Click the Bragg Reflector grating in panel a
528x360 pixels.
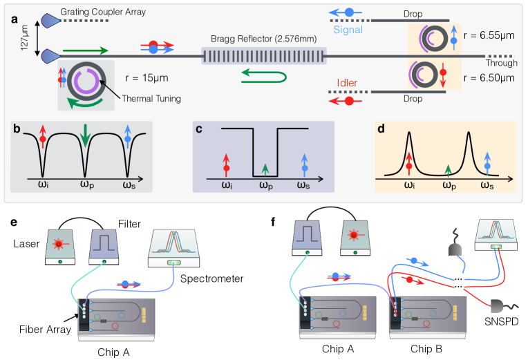[x=264, y=56]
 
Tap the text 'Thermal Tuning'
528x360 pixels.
[x=151, y=99]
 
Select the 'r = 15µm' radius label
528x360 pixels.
[x=147, y=78]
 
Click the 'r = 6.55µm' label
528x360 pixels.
[x=489, y=35]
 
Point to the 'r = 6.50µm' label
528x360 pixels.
[x=489, y=78]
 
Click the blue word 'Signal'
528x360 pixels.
[x=348, y=30]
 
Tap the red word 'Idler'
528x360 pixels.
[x=347, y=83]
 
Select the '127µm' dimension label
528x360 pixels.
[x=25, y=38]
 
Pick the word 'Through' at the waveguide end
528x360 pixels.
[x=502, y=63]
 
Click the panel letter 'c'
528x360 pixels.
[x=199, y=129]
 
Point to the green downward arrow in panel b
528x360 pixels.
[x=86, y=135]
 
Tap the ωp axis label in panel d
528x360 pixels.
[x=449, y=185]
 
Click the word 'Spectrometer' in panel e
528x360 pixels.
[x=211, y=279]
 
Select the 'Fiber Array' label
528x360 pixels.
[x=45, y=330]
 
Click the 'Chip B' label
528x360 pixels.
[x=426, y=349]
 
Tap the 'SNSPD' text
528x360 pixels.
[x=502, y=322]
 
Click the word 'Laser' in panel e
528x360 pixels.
[x=26, y=243]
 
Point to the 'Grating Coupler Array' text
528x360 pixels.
[x=103, y=12]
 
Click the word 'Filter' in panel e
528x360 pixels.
[x=129, y=224]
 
